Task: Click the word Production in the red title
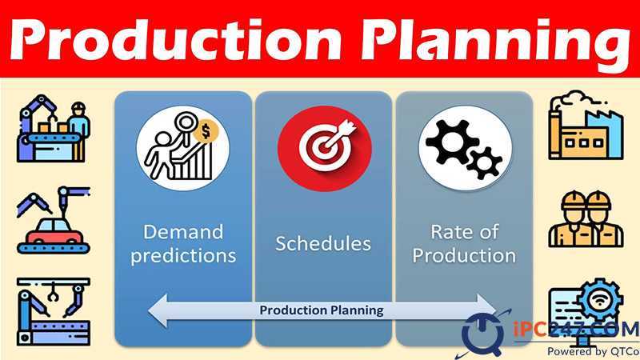[175, 38]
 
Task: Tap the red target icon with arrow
[325, 149]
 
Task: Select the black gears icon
[465, 148]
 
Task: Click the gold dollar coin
[206, 132]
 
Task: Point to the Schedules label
[323, 244]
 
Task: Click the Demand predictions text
[183, 244]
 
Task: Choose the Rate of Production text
[465, 244]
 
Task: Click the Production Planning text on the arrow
[322, 310]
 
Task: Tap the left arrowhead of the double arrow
[158, 310]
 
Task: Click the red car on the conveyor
[54, 230]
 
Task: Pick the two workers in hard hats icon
[586, 219]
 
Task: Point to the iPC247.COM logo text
[576, 329]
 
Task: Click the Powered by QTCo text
[593, 351]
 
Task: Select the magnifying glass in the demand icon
[185, 126]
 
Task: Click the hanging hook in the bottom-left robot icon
[52, 293]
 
